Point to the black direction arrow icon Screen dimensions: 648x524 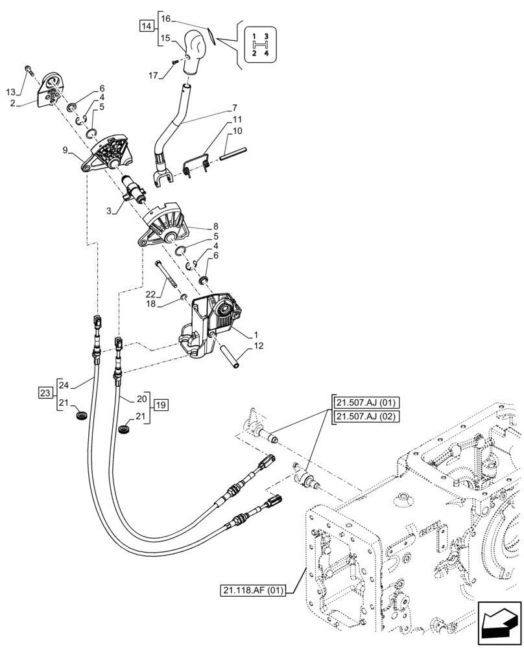(499, 621)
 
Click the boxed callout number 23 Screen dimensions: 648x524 (44, 393)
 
